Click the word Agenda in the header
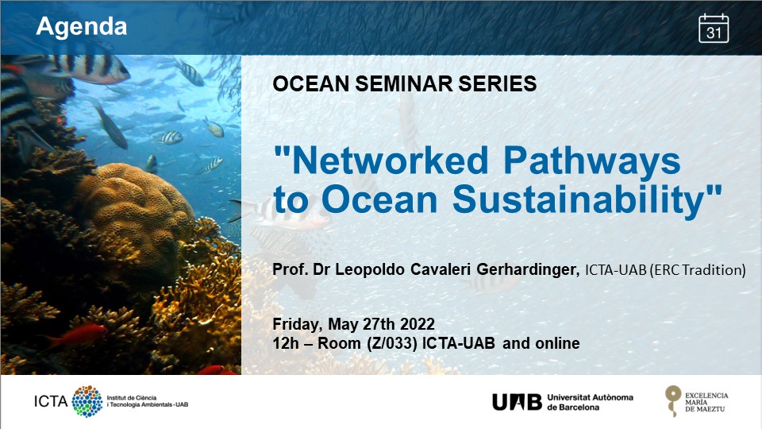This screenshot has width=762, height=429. [x=81, y=26]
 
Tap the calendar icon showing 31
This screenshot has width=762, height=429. [x=714, y=29]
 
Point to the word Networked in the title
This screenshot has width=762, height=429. [x=381, y=160]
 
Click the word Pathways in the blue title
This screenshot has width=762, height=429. [x=591, y=161]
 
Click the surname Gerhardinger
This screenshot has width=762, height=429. [x=528, y=269]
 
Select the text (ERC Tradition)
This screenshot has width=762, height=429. [x=698, y=270]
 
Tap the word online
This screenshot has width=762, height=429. [x=557, y=343]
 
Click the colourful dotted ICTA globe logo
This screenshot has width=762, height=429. [x=87, y=401]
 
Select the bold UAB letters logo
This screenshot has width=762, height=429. [x=517, y=402]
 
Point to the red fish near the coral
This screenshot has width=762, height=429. [x=80, y=335]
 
